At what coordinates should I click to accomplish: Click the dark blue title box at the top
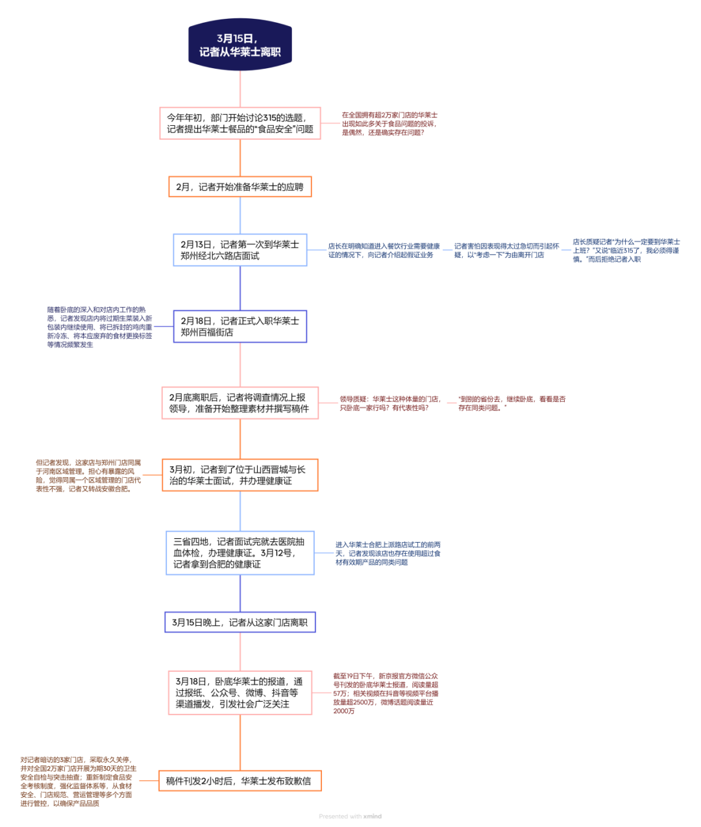[x=240, y=44]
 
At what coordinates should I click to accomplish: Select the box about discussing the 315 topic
[x=240, y=123]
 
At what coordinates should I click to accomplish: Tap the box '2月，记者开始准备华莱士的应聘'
[x=240, y=187]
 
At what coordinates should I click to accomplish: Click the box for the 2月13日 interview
[x=240, y=250]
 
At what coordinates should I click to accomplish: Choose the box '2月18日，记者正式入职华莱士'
[x=240, y=327]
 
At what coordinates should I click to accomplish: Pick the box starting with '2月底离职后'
[x=240, y=403]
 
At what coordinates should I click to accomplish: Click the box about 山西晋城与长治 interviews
[x=240, y=475]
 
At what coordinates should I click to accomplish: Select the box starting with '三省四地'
[x=240, y=553]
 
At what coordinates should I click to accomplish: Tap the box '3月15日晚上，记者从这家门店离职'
[x=240, y=622]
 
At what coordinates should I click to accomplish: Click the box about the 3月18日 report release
[x=240, y=693]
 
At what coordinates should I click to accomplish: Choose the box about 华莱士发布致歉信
[x=240, y=781]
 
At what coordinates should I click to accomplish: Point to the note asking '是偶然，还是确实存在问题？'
[x=389, y=123]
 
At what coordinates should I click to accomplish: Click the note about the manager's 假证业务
[x=384, y=251]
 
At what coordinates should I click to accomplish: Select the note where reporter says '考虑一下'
[x=506, y=251]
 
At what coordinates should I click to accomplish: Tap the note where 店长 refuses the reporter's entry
[x=626, y=251]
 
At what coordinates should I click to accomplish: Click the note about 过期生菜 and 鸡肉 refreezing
[x=99, y=327]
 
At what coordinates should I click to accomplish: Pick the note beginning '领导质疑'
[x=390, y=403]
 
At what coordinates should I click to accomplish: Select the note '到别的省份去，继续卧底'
[x=511, y=403]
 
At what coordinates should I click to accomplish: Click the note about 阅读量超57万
[x=386, y=693]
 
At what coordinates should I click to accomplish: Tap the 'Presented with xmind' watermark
[x=350, y=816]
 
